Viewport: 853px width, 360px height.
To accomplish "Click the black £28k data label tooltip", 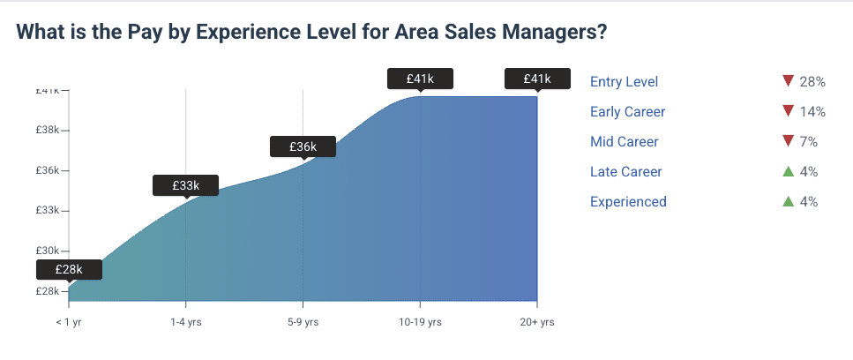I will point(69,269).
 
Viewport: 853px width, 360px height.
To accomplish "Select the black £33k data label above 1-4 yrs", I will point(186,185).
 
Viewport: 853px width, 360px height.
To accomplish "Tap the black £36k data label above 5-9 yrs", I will point(303,146).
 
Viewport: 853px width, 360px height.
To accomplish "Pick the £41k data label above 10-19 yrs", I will point(420,79).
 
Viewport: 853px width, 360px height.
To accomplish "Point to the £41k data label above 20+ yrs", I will point(536,79).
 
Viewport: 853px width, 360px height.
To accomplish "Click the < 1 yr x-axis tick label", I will point(69,322).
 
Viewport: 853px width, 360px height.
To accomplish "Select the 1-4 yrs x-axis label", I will point(186,322).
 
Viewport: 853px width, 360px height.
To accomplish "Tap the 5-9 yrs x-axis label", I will point(303,322).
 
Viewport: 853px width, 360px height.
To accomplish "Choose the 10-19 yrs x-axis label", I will point(420,322).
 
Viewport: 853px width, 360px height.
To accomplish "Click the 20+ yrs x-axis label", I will point(536,322).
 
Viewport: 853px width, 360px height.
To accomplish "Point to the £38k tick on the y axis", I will point(47,130).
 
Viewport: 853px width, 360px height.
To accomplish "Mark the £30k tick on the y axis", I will point(47,251).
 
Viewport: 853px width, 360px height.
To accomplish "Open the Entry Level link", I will point(624,82).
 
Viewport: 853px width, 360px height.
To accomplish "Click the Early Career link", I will point(627,112).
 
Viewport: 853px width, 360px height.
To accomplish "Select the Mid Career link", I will point(624,142).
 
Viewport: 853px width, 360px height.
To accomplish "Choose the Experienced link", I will point(628,202).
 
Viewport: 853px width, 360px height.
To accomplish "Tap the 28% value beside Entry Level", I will point(812,82).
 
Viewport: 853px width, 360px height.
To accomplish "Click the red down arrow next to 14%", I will point(789,111).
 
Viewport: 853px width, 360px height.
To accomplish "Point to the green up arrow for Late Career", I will point(789,171).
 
